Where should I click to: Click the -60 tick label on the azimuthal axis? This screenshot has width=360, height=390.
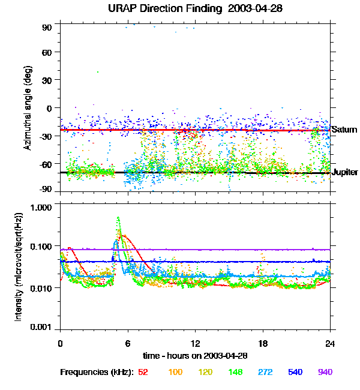[x=46, y=164]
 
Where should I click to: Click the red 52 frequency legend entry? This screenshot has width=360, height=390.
[x=143, y=373]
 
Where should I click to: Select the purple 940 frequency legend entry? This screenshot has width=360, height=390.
[x=325, y=373]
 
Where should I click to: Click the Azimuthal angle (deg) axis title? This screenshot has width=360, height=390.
[x=28, y=108]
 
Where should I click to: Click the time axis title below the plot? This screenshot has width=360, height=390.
[x=195, y=355]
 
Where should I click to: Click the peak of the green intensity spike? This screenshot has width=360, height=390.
[x=118, y=218]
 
